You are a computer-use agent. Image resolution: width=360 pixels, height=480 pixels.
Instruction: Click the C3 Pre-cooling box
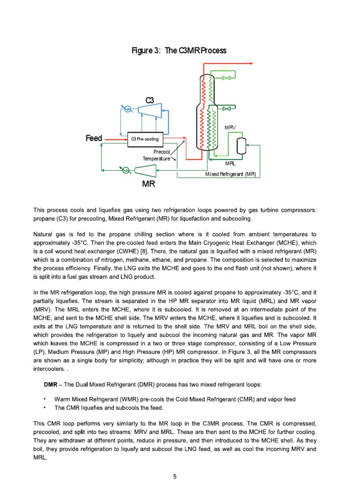click(x=145, y=139)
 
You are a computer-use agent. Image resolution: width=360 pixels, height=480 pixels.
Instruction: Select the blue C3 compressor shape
click(x=147, y=108)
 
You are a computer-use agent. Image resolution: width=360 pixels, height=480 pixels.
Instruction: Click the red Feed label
click(x=94, y=139)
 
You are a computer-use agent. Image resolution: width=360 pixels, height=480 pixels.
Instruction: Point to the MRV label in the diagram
click(x=230, y=127)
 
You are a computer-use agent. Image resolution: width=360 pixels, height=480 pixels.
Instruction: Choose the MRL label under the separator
click(x=230, y=164)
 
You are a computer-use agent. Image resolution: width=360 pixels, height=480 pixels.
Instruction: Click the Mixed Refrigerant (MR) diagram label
click(x=231, y=174)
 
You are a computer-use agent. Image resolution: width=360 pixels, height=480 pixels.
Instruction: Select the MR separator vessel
click(x=242, y=146)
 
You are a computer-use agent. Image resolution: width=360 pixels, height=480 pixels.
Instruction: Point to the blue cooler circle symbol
click(x=127, y=109)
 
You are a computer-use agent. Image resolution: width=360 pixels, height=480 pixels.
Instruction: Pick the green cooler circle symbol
click(x=126, y=170)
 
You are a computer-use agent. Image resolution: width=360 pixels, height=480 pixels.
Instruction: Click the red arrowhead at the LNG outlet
click(x=252, y=64)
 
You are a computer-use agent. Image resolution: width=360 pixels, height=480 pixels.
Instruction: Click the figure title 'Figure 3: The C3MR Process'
click(x=180, y=51)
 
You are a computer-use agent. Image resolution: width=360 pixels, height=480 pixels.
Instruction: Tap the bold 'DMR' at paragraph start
click(x=50, y=384)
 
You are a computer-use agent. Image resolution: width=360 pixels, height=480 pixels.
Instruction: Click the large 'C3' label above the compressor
click(x=150, y=100)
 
